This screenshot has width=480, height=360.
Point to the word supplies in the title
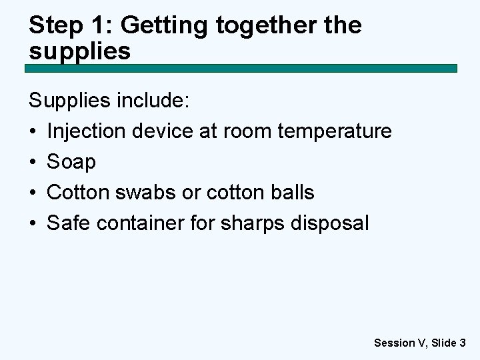click(80, 51)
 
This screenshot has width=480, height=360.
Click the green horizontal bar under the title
click(241, 68)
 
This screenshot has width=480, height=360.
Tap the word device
click(163, 131)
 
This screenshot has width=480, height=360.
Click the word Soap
click(71, 162)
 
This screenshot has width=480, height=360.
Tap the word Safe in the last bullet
click(69, 223)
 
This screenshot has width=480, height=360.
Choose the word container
click(141, 223)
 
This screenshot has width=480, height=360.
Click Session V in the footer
click(400, 343)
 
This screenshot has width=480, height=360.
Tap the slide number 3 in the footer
click(462, 343)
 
